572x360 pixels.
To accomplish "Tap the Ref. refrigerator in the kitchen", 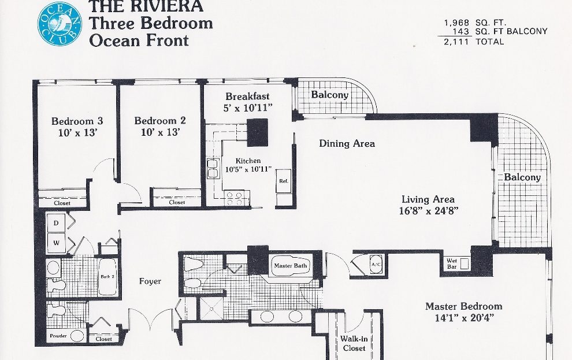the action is (284, 181).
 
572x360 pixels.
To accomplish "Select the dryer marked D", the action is (56, 222).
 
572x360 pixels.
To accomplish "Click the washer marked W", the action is (56, 243).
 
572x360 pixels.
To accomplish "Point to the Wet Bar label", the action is (452, 263).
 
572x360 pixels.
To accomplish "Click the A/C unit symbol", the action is (376, 265).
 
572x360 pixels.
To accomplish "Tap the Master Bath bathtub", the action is (291, 266).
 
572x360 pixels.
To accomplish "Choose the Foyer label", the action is (150, 281).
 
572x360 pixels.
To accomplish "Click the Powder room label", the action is (58, 336).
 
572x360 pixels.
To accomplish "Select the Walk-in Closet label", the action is (354, 343).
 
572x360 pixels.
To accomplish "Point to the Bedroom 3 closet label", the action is (62, 203).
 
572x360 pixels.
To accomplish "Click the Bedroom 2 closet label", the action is (177, 202).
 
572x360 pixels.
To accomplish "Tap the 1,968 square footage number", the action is (456, 23).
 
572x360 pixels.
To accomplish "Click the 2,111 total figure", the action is (456, 42).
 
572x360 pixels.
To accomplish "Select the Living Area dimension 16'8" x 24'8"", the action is (429, 211).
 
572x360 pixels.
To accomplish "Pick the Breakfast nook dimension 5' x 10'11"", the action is (248, 108).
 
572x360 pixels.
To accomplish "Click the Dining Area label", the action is (347, 143).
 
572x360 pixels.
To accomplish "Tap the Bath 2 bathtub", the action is (107, 277).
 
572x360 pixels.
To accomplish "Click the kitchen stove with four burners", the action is (235, 198).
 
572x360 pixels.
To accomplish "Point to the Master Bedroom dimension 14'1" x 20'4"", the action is (463, 318).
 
